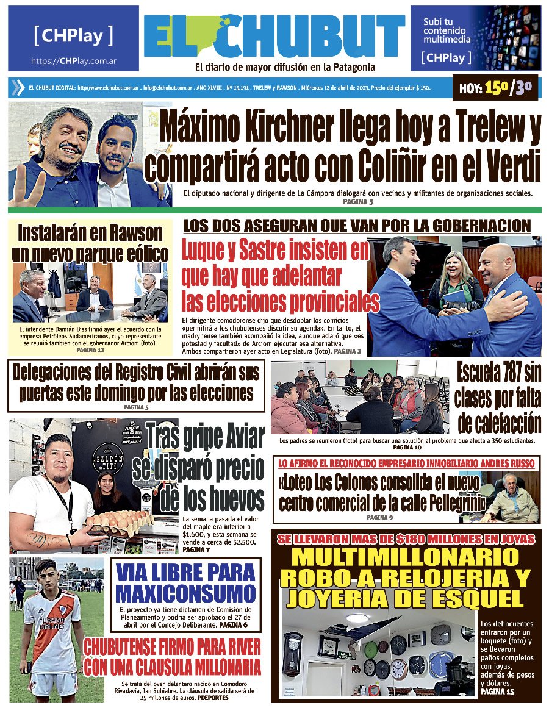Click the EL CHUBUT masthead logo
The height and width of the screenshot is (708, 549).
tap(274, 37)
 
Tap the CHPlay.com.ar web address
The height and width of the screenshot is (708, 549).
tap(74, 62)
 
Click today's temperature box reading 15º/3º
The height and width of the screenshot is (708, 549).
tap(496, 88)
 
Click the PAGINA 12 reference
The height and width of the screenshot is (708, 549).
tap(90, 351)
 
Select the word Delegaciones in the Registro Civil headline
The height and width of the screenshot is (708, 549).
tap(72, 372)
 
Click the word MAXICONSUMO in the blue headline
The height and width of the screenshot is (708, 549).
tap(185, 593)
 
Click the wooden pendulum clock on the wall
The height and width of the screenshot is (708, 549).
tap(293, 652)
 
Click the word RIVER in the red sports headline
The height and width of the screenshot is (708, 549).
tap(235, 646)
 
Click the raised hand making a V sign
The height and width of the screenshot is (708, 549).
tap(21, 175)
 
